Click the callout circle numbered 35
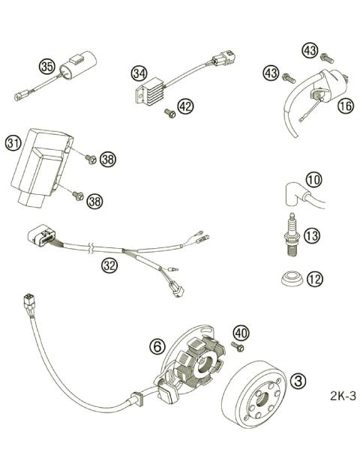pyautogui.click(x=47, y=67)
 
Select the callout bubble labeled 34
pyautogui.click(x=138, y=73)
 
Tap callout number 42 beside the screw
pyautogui.click(x=185, y=107)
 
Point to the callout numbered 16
pyautogui.click(x=345, y=106)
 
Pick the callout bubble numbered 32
pyautogui.click(x=109, y=265)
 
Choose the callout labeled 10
pyautogui.click(x=313, y=179)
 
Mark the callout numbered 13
pyautogui.click(x=312, y=235)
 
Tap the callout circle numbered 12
pyautogui.click(x=315, y=279)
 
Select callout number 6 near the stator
pyautogui.click(x=156, y=346)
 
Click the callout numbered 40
pyautogui.click(x=240, y=333)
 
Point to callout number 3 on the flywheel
pyautogui.click(x=298, y=382)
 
